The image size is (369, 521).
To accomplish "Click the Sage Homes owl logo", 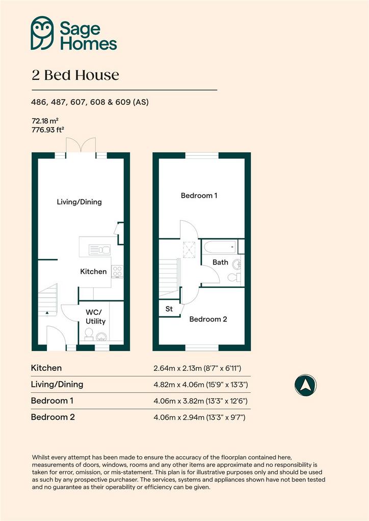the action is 42,33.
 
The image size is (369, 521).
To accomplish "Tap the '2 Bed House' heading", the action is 75,75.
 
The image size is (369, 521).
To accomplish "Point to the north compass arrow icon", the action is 305,385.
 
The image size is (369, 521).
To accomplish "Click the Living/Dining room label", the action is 79,202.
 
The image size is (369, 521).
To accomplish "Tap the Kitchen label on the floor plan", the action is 93,272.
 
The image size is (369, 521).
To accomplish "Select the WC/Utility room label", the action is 95,316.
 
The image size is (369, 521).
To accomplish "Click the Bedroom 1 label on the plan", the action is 199,195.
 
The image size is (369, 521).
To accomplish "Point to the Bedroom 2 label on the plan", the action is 208,320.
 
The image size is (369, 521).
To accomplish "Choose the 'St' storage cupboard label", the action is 169,309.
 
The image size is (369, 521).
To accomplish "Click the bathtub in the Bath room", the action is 220,247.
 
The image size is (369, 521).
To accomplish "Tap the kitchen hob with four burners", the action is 117,271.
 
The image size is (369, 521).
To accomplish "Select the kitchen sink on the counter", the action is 99,249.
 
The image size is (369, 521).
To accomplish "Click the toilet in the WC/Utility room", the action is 89,334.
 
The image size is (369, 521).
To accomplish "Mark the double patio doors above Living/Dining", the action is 81,146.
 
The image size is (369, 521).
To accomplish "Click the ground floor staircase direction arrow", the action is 47,313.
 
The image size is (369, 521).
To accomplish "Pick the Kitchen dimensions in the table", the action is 197,368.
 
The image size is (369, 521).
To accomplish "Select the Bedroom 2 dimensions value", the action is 199,417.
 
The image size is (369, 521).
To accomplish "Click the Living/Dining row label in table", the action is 57,385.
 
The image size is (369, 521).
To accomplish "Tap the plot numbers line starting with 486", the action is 90,102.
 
